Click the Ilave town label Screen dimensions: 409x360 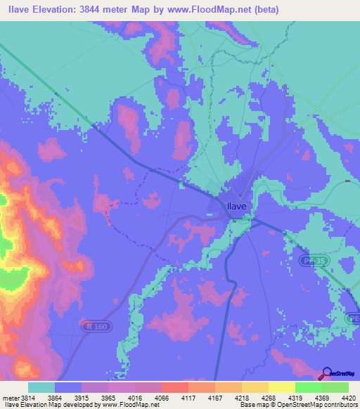[236, 206]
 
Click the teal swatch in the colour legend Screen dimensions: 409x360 [41, 387]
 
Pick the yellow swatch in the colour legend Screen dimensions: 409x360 [281, 387]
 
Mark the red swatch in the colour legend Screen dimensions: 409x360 [174, 387]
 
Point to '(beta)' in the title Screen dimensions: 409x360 [265, 10]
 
